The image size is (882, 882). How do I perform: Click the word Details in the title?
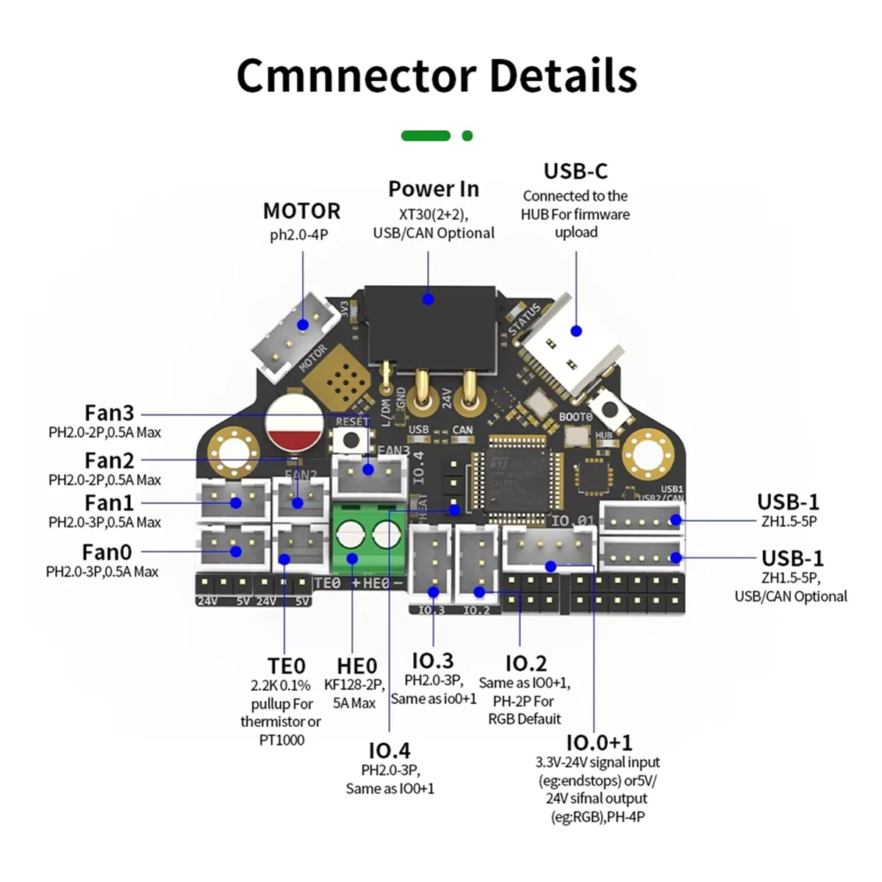[x=562, y=75]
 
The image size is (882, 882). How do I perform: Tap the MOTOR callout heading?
[x=301, y=211]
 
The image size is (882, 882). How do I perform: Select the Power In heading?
[x=433, y=189]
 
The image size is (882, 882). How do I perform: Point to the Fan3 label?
[x=109, y=413]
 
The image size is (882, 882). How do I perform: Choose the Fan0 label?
[x=107, y=551]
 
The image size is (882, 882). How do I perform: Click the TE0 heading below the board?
[x=286, y=666]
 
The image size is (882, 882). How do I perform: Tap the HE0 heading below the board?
[x=356, y=666]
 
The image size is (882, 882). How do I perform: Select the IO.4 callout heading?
[x=389, y=750]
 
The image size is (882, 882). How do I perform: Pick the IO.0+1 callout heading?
[x=598, y=742]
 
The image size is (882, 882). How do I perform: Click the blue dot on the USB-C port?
[x=576, y=331]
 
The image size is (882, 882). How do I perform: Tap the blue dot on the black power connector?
[x=428, y=299]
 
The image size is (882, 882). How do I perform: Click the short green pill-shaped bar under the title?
[x=426, y=135]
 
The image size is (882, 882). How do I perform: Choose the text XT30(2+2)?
[x=433, y=215]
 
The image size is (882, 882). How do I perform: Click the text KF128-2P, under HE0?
[x=354, y=685]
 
